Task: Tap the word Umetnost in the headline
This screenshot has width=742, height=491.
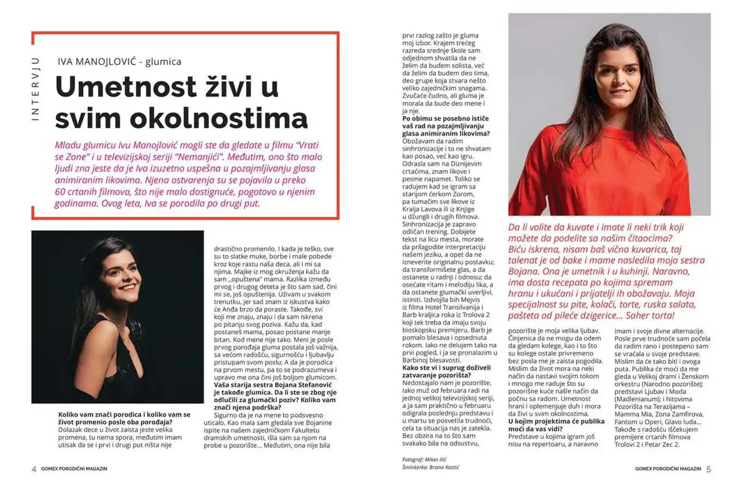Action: [126, 87]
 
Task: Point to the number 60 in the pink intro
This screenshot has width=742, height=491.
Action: [60, 192]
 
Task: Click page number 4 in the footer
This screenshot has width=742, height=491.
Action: [34, 469]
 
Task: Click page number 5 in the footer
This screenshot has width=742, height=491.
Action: [709, 469]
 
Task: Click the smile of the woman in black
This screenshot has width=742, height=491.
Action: [127, 287]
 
